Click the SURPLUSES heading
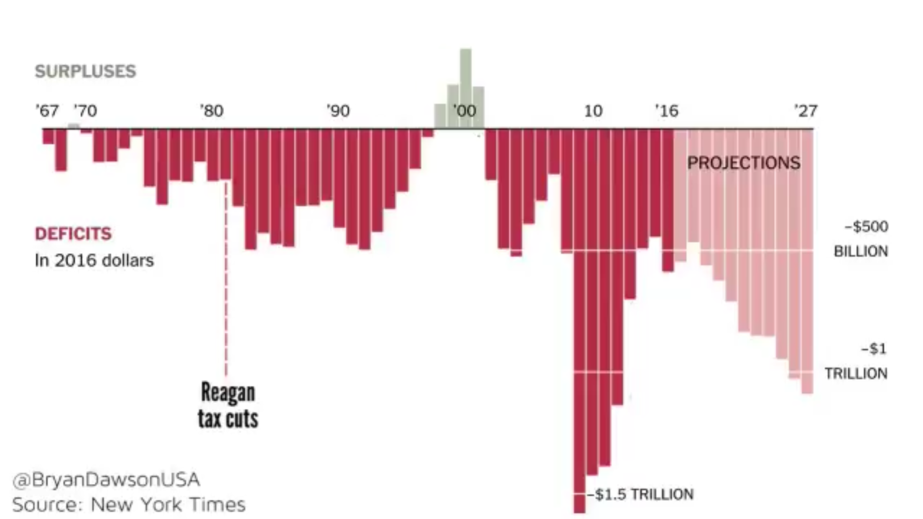point(85,71)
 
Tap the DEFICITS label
point(73,234)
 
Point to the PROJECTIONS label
point(744,163)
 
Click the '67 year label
point(47,111)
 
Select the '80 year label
point(212,111)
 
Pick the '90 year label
point(338,111)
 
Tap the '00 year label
point(464,111)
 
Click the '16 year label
point(666,111)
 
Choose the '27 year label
point(805,111)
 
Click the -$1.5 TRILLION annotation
point(640,495)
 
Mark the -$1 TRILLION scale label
point(857,361)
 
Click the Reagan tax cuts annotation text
point(228,405)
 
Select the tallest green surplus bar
point(466,88)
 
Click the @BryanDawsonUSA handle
point(106,480)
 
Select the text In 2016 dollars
point(94,260)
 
